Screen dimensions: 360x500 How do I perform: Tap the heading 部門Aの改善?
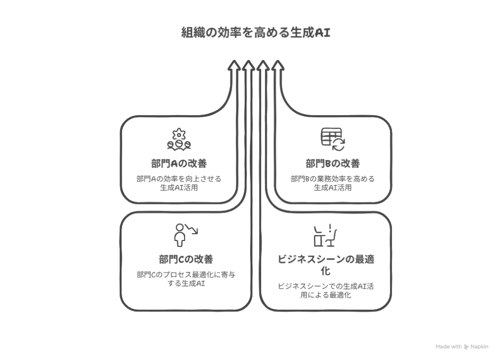tap(179, 163)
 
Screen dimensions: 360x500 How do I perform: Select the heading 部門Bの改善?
tap(333, 163)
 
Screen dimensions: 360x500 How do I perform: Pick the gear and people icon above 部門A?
tap(179, 139)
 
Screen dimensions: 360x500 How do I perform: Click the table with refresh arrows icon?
tap(333, 139)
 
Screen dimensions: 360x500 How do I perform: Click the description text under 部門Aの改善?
tap(179, 183)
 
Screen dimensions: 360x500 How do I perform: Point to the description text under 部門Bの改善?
tap(333, 183)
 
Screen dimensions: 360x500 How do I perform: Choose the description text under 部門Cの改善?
tap(186, 279)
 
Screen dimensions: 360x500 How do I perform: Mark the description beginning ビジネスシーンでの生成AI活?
tap(326, 290)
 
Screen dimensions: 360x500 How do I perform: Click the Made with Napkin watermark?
tap(461, 347)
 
